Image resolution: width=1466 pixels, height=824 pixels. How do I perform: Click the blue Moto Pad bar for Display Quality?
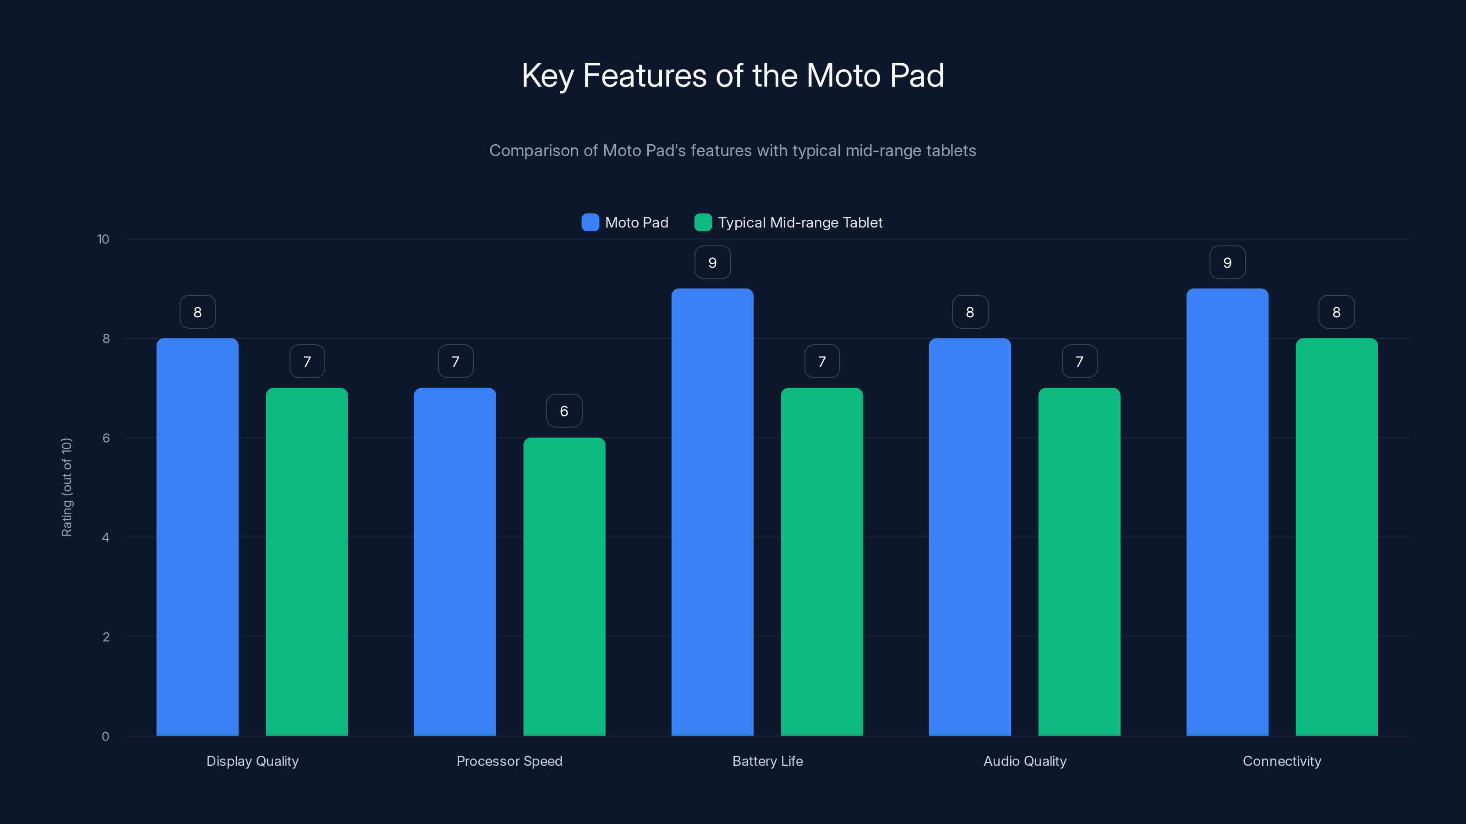point(197,537)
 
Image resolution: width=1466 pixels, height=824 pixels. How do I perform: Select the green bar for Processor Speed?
point(564,586)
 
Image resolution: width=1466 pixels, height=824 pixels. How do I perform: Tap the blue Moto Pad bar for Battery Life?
point(712,512)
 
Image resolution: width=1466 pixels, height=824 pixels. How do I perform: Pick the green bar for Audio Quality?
point(1079,562)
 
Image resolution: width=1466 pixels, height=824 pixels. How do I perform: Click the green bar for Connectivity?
point(1336,537)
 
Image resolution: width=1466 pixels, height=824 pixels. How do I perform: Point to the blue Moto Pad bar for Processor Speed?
point(455,562)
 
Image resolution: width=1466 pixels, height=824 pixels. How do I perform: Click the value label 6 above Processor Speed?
point(564,411)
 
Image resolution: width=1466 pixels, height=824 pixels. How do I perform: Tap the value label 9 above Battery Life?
point(712,262)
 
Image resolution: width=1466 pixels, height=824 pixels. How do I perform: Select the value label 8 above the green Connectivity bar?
point(1336,312)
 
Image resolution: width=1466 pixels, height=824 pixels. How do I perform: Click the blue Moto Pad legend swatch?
point(590,222)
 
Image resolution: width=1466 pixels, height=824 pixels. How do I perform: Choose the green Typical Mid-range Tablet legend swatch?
point(703,222)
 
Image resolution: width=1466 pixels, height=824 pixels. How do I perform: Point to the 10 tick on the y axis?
point(103,239)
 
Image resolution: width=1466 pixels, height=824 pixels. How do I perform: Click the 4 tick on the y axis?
point(105,537)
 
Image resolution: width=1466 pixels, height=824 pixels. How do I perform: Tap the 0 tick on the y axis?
point(105,737)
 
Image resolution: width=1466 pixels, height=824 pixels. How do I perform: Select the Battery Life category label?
point(767,761)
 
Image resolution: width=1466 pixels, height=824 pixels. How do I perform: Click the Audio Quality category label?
point(1024,761)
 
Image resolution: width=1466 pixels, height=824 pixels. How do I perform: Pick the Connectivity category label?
point(1282,761)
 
